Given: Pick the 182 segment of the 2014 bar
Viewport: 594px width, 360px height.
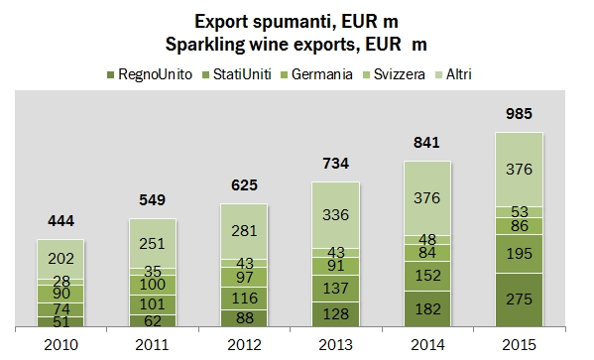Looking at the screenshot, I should tap(428, 308).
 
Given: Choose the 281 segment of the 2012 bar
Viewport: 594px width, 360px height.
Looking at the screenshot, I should tap(245, 230).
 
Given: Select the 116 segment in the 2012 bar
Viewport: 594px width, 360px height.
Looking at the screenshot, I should tap(245, 298).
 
